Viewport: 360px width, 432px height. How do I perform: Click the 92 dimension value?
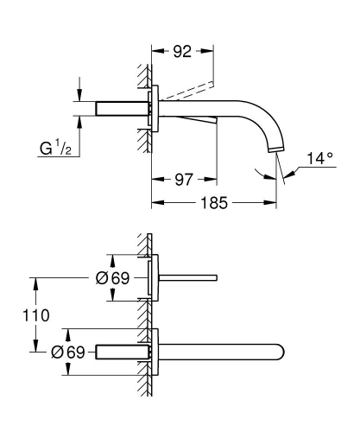click(x=181, y=52)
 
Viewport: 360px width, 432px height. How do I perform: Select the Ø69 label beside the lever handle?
click(x=112, y=277)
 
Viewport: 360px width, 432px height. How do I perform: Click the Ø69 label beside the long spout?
click(x=69, y=352)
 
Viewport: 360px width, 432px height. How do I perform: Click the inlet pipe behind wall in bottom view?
click(x=121, y=352)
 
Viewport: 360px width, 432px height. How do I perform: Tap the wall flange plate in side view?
click(x=155, y=109)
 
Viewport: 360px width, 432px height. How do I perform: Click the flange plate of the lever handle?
click(x=155, y=277)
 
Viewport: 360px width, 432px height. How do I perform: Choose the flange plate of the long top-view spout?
click(x=155, y=352)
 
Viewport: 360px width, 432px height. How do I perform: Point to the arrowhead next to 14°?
click(x=287, y=175)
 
